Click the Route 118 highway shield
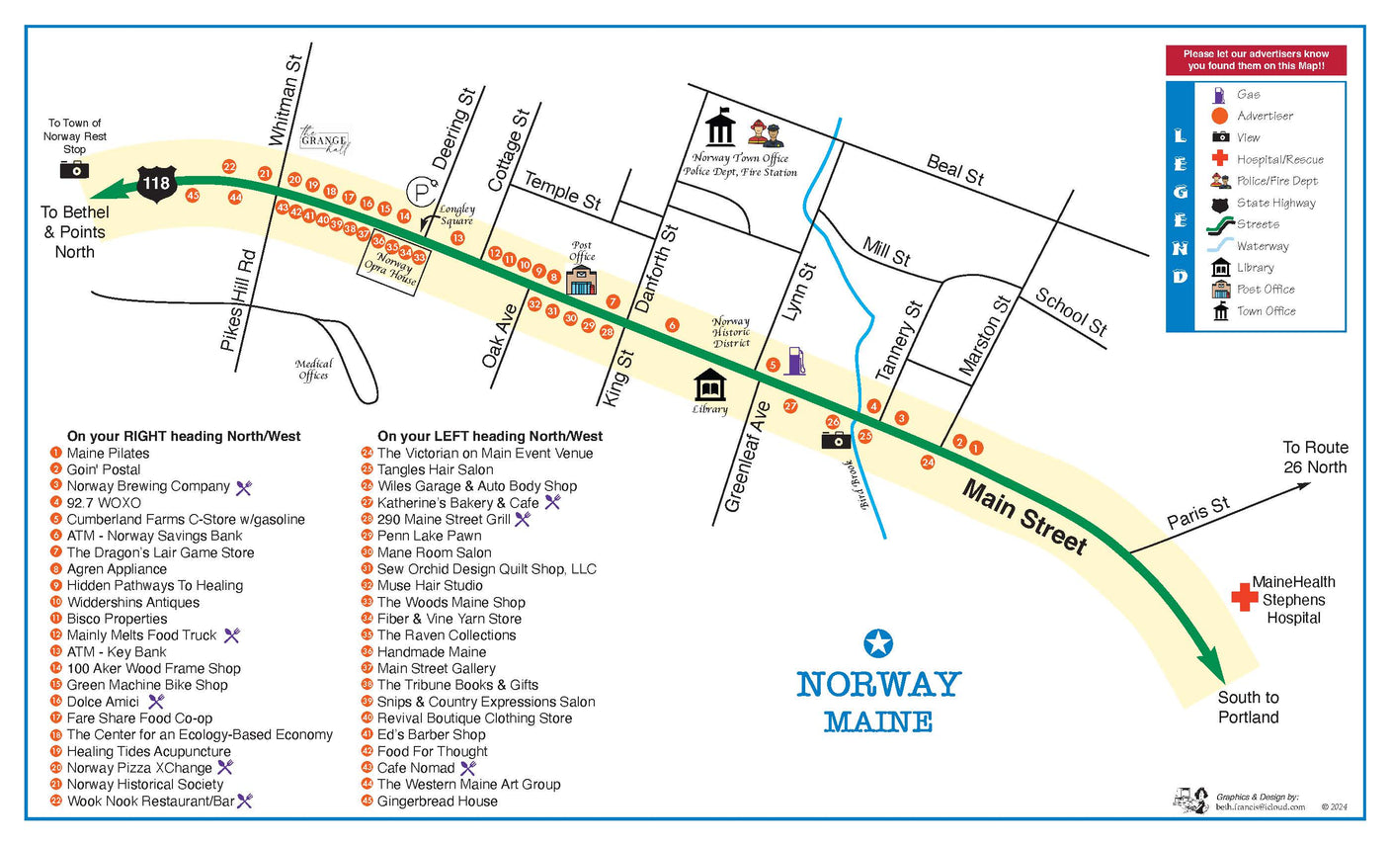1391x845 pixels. click(x=156, y=183)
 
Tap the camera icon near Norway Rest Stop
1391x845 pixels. click(x=74, y=170)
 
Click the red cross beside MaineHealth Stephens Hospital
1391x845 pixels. click(x=1244, y=598)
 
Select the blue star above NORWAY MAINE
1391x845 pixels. click(x=877, y=643)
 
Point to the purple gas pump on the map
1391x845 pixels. click(x=795, y=361)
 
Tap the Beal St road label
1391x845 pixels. click(x=954, y=170)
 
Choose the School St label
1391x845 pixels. click(x=1071, y=311)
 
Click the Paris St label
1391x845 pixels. click(x=1197, y=513)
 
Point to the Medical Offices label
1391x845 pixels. click(x=313, y=370)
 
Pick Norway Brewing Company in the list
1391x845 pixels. click(x=148, y=486)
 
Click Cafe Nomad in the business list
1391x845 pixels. click(x=415, y=768)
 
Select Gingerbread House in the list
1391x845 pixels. click(x=437, y=802)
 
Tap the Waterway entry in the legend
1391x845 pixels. click(x=1263, y=246)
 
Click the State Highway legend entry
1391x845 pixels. click(x=1275, y=203)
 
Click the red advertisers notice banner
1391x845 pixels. click(x=1256, y=60)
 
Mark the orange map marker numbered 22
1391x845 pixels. click(x=229, y=167)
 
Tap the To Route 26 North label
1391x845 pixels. click(x=1315, y=458)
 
